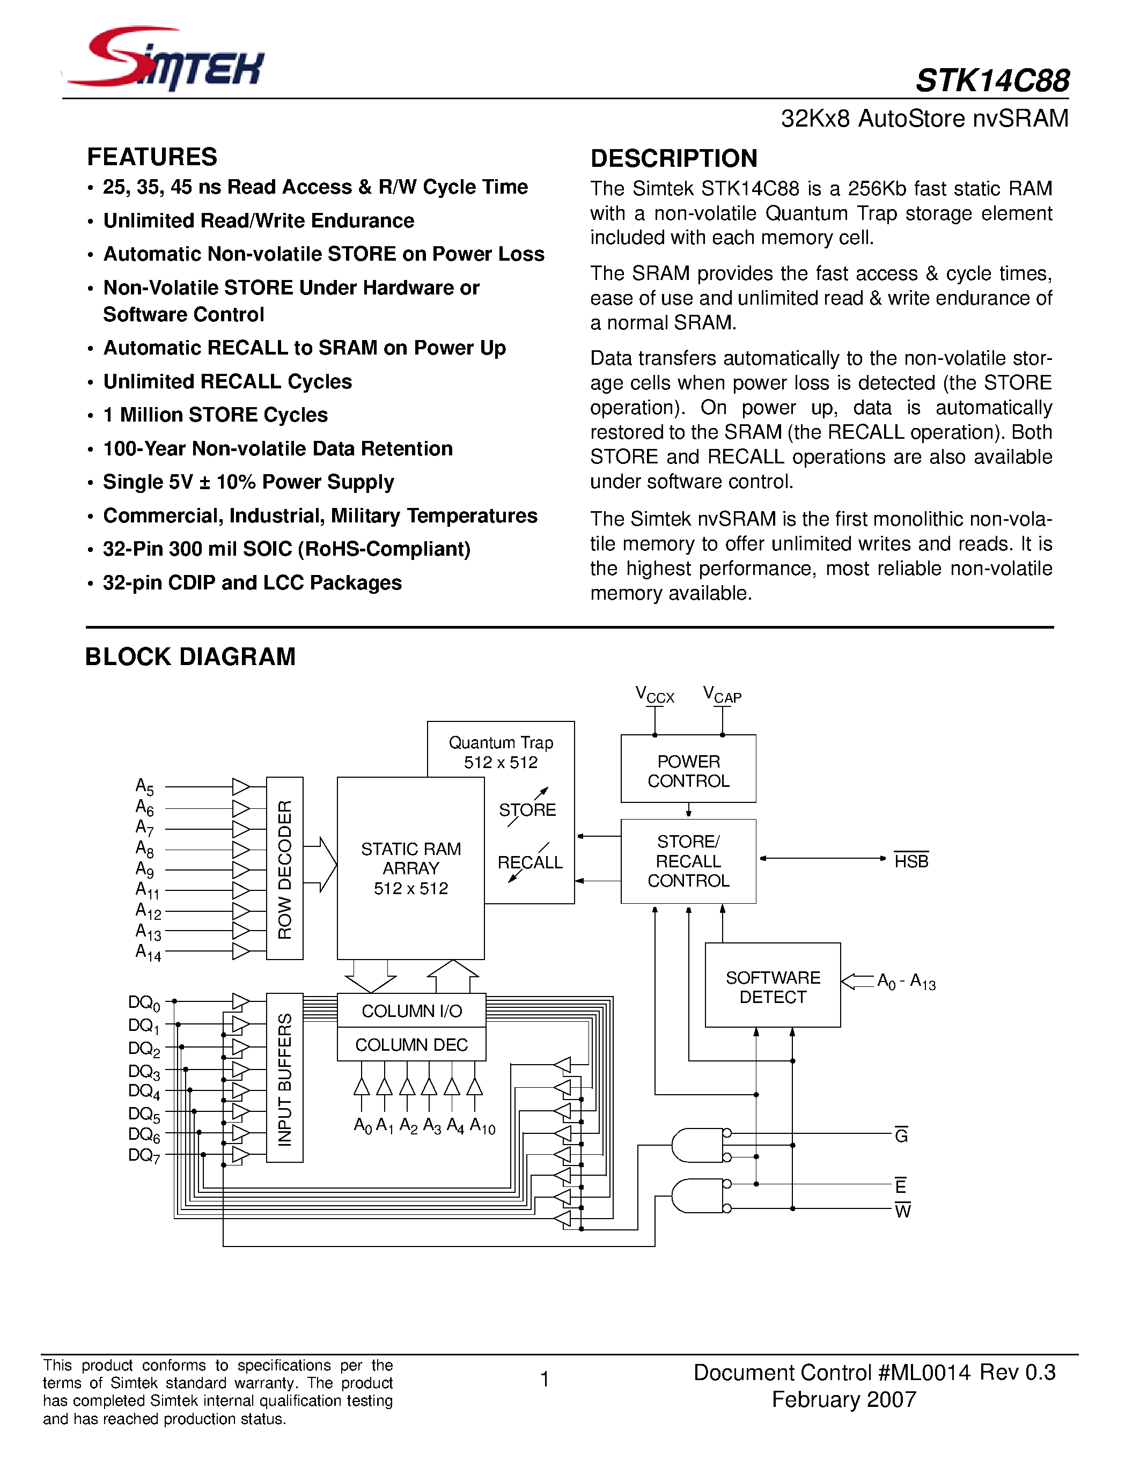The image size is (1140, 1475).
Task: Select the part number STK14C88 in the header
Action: point(991,81)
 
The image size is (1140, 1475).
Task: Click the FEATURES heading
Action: point(152,157)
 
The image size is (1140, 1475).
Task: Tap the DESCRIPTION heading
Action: point(673,158)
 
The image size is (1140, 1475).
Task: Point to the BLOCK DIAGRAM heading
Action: point(190,657)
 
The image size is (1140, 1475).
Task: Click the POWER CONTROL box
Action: point(688,770)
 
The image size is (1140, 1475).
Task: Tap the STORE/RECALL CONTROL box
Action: point(688,861)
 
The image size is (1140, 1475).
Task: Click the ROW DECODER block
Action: point(284,868)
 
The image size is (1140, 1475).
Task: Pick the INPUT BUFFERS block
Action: point(284,1079)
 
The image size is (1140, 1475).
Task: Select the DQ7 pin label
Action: point(144,1155)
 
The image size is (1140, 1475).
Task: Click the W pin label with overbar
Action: point(902,1211)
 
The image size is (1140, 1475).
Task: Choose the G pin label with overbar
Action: point(901,1136)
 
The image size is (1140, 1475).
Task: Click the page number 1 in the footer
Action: point(545,1378)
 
